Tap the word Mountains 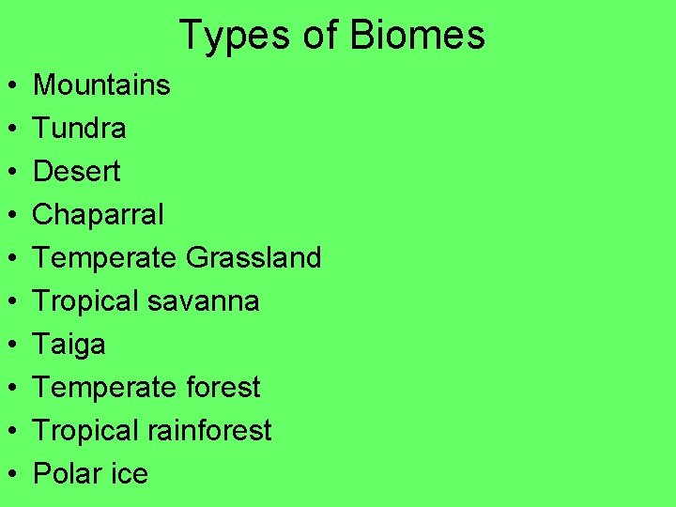point(101,85)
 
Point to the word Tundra point(80,129)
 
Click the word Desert point(77,172)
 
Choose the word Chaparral point(99,215)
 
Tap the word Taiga point(69,345)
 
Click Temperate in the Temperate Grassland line point(105,258)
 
